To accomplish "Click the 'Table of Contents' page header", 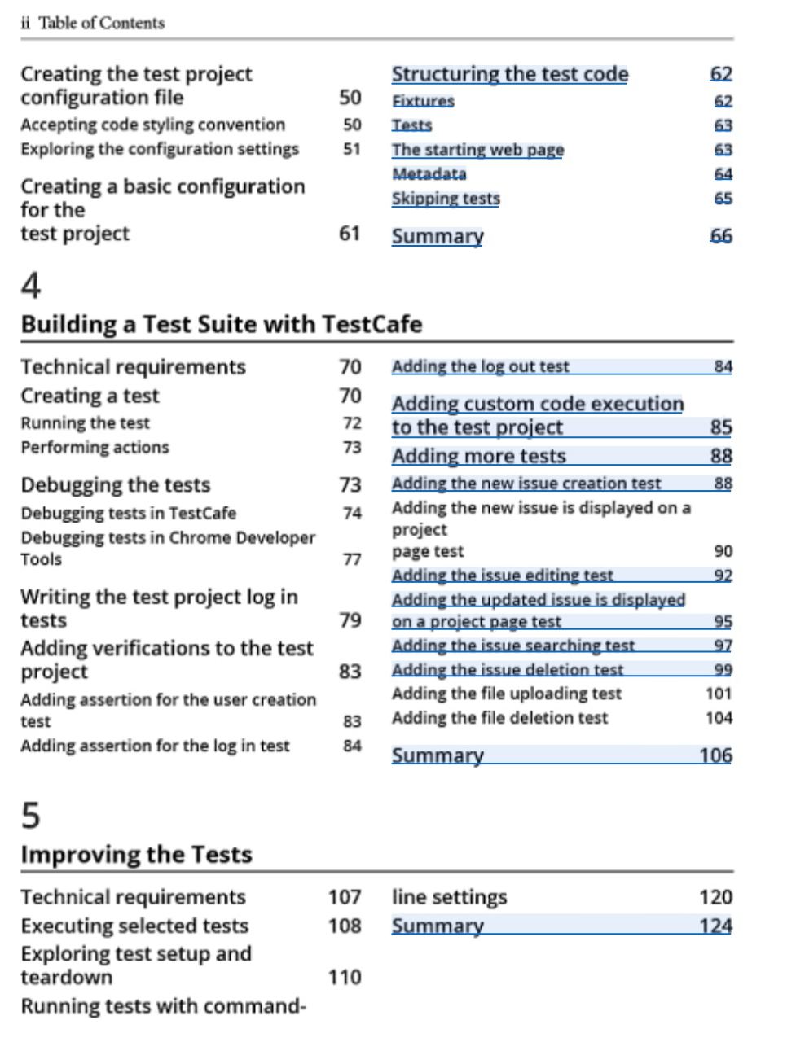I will [x=101, y=23].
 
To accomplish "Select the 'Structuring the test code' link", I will [x=509, y=74].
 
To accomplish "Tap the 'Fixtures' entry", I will [x=423, y=101].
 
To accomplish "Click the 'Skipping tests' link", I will [x=446, y=199].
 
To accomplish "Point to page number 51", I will [x=351, y=149].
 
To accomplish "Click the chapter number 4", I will [x=31, y=286].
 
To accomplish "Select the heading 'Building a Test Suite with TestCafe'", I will [x=221, y=324].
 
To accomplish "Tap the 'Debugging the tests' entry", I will [x=116, y=485].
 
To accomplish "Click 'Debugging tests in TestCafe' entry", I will [x=128, y=514].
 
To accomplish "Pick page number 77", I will [x=351, y=559].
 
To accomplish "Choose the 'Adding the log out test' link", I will [x=480, y=367].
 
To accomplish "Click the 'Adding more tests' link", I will [x=478, y=456].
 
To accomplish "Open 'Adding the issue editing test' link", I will [x=502, y=576].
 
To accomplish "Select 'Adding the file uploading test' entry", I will [x=506, y=694].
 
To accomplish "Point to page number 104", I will [x=719, y=718].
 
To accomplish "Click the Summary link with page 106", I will [x=438, y=755].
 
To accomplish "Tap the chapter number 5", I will [x=30, y=815].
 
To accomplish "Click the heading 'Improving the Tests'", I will [x=136, y=855].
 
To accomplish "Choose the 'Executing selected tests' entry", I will [x=134, y=926].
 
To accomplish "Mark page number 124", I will [x=715, y=926].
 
